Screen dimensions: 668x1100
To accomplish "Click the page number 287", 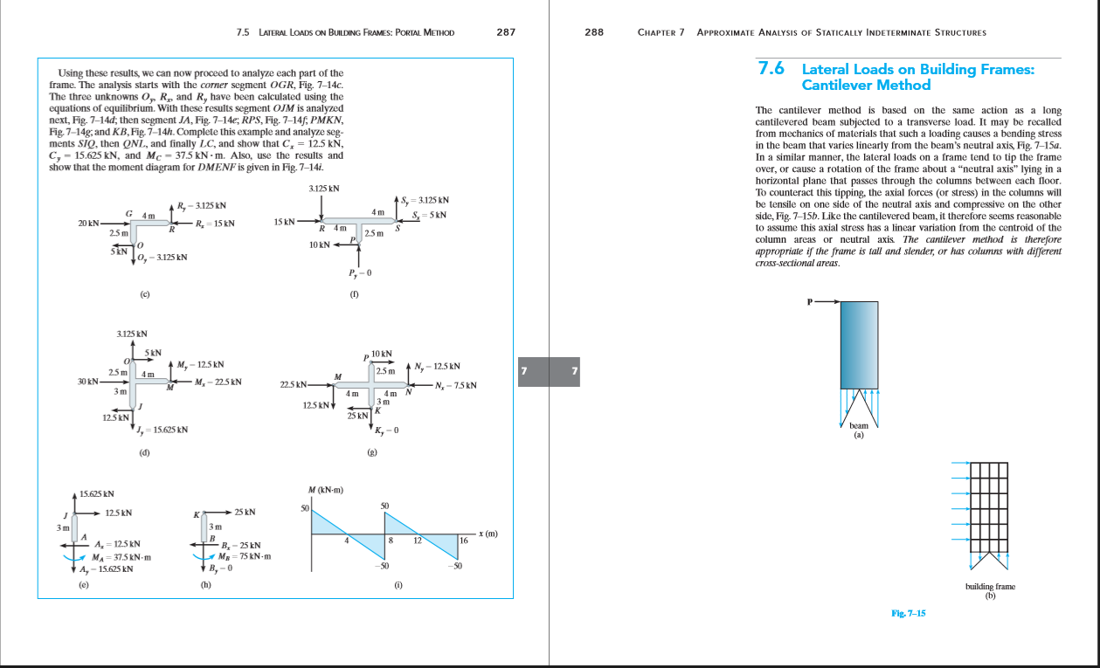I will click(x=505, y=32).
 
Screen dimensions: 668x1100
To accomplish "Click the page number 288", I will click(x=594, y=32).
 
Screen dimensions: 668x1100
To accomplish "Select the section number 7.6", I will click(x=772, y=68).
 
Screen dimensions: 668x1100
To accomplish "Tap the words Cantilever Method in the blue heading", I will click(x=866, y=85).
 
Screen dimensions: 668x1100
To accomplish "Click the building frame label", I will click(x=990, y=587).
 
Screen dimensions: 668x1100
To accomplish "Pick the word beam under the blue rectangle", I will click(x=859, y=425).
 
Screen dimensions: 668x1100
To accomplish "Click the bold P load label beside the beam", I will click(x=810, y=302).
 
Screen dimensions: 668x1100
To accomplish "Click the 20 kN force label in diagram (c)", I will click(x=88, y=224).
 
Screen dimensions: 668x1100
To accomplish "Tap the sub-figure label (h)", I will click(x=206, y=586).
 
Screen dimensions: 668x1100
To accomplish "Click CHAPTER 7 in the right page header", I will click(x=661, y=32).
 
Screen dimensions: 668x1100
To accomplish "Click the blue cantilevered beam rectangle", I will click(x=859, y=344).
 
